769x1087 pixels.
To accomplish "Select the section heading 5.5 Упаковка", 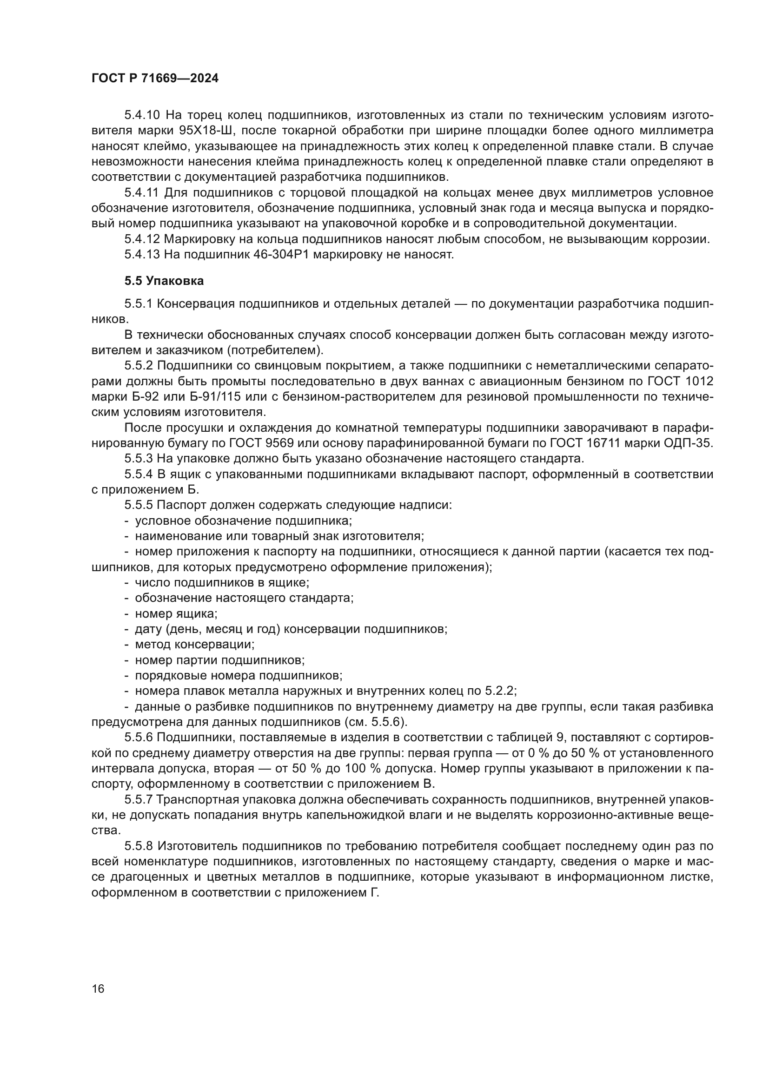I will point(164,281).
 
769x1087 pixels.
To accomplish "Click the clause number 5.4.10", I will point(143,115).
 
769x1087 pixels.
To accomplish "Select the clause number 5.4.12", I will point(143,239).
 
